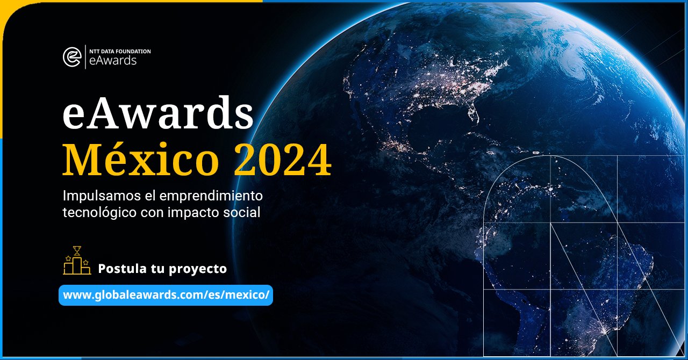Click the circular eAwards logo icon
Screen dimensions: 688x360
click(x=72, y=57)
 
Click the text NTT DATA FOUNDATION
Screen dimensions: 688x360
click(x=120, y=51)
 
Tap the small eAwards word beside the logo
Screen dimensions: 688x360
click(x=113, y=61)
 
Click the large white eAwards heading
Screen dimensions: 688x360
click(x=158, y=113)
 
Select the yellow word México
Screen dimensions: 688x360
click(x=141, y=160)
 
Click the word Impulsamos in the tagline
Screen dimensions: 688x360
click(x=102, y=196)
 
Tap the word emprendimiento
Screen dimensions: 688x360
click(x=211, y=196)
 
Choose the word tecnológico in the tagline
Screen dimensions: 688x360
click(x=99, y=213)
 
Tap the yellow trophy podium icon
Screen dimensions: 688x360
click(x=77, y=260)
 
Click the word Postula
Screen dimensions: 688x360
click(x=122, y=269)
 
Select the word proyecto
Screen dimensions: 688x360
click(x=198, y=269)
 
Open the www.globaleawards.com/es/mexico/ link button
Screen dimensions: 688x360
click(x=166, y=295)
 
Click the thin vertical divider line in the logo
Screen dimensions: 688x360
click(x=85, y=57)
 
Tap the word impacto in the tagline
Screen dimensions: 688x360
click(x=194, y=213)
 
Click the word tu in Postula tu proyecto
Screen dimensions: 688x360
click(x=157, y=269)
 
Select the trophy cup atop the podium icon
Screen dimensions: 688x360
click(x=77, y=250)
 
